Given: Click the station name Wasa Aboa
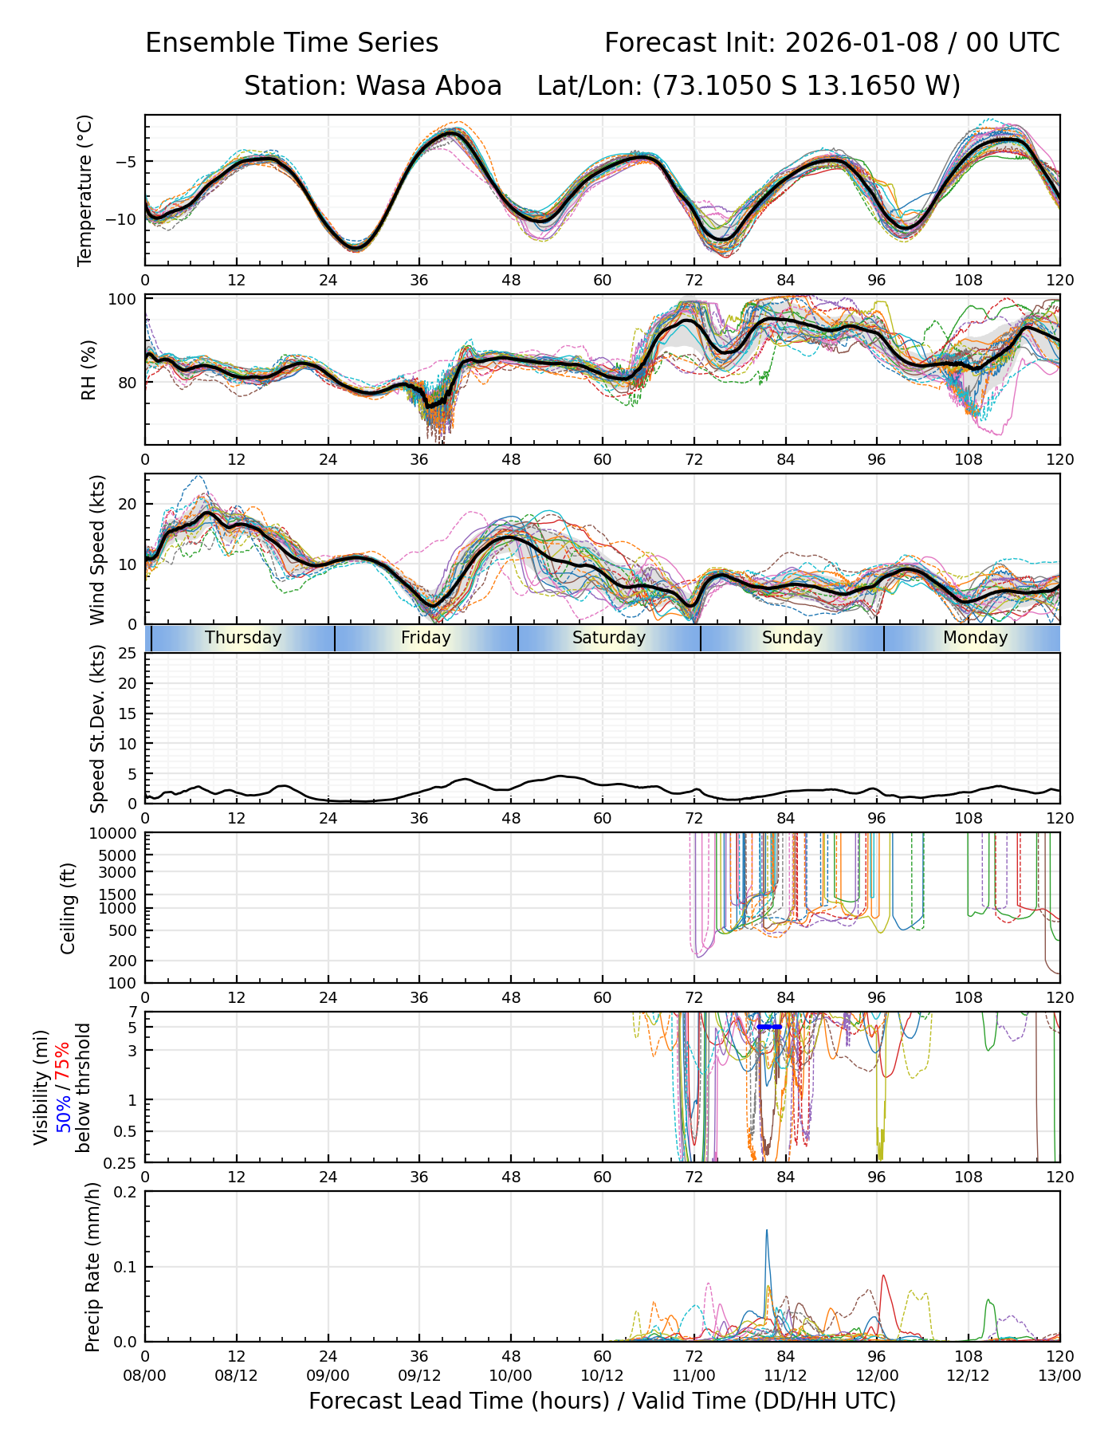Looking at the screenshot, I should tap(429, 85).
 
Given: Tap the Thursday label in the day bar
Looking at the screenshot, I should tap(243, 638).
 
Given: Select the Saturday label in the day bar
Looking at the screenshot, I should tap(609, 638).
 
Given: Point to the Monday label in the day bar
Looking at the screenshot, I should tap(975, 638).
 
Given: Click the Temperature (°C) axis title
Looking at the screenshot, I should tap(85, 190).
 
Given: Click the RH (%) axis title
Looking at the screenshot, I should tap(88, 370).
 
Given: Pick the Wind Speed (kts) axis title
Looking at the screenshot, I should tap(97, 549).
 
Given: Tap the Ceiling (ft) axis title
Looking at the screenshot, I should tap(69, 908).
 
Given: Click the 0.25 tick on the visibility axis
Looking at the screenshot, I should tap(121, 1162).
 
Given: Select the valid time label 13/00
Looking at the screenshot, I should tap(1059, 1375).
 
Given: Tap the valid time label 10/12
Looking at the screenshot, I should tap(602, 1375).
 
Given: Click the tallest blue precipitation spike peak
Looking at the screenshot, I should tap(767, 1230).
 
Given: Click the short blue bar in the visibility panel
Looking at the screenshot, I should tap(769, 1027).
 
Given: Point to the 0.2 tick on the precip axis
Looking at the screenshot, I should tap(126, 1192).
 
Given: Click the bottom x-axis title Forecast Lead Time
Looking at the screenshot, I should tap(602, 1401).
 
